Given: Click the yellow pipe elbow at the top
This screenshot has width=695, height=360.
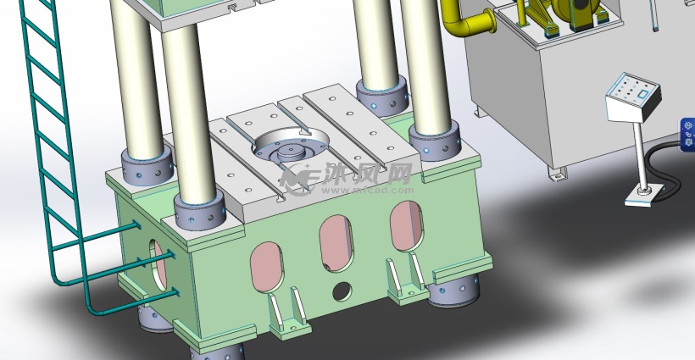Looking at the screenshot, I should [x=459, y=21].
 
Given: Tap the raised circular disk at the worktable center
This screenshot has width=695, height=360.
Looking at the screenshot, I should [x=292, y=152].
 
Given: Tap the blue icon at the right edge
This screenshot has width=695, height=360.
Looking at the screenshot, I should [x=687, y=135].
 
